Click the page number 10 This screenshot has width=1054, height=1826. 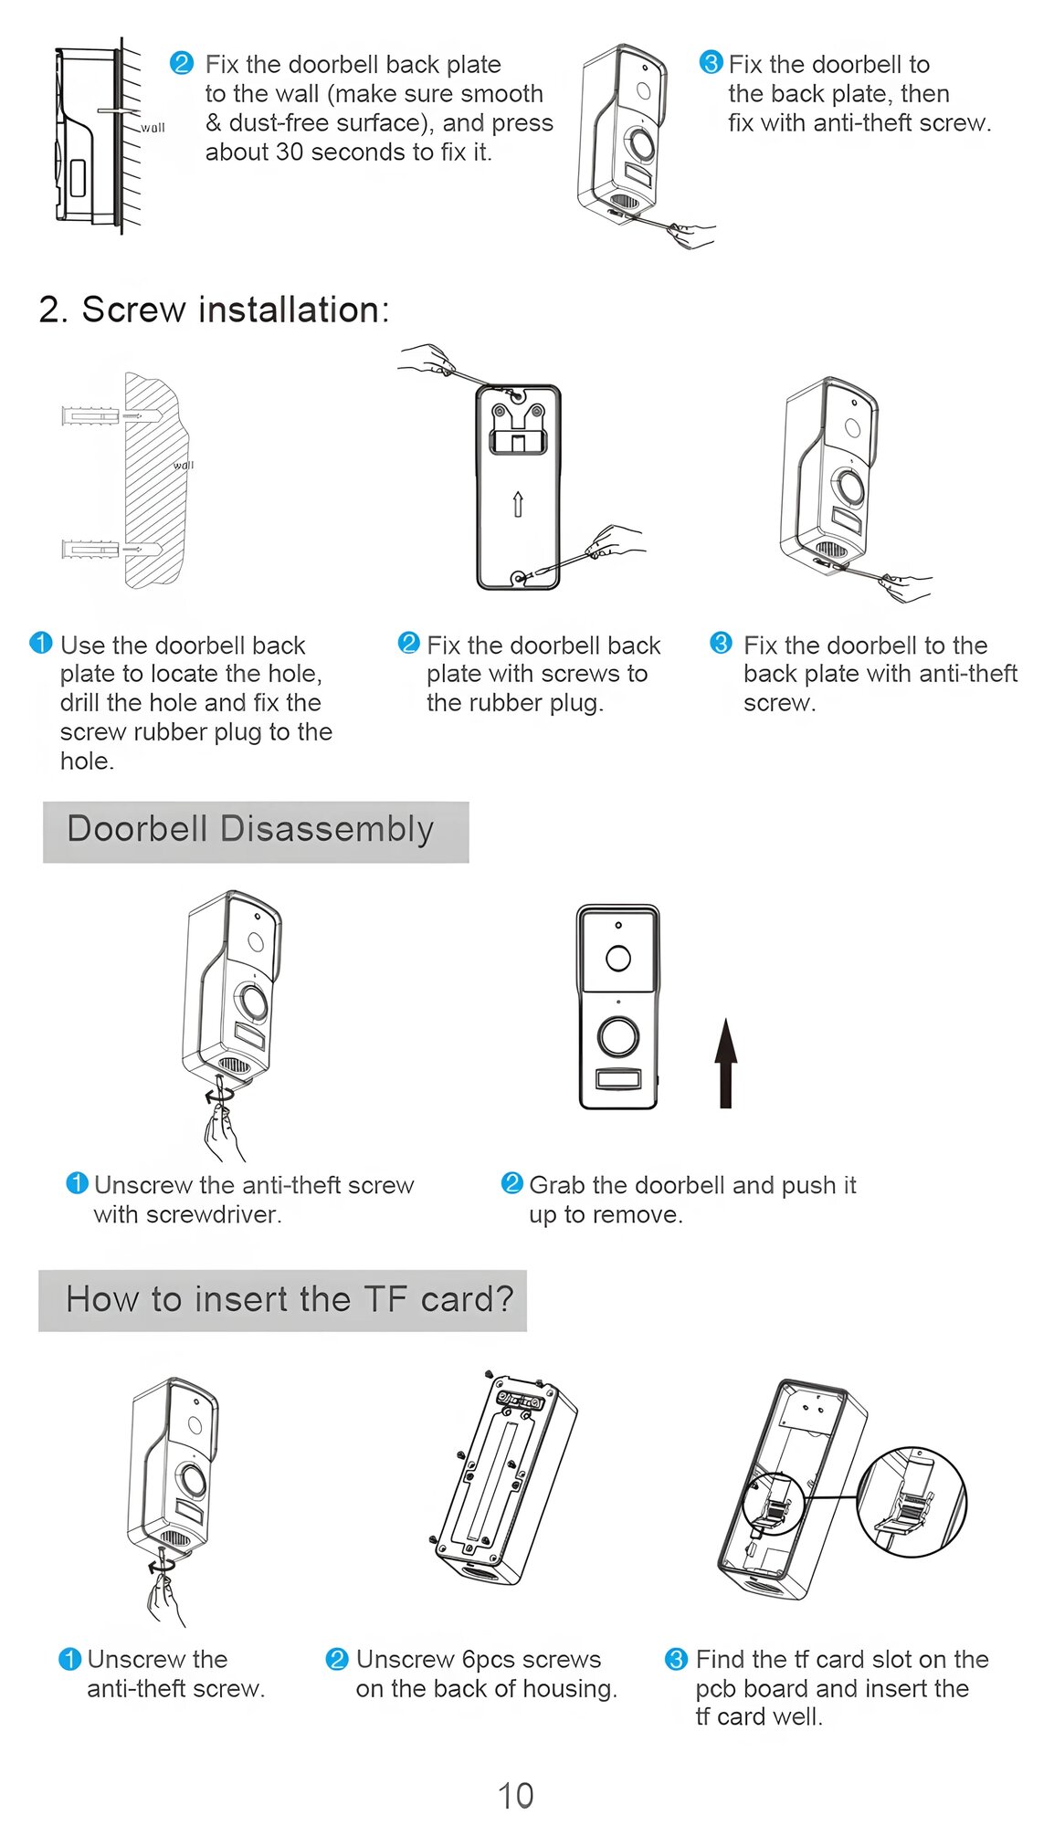(515, 1795)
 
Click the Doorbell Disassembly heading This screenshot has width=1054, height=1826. (250, 829)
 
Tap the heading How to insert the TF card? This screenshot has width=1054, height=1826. (289, 1298)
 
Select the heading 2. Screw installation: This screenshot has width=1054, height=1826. (214, 310)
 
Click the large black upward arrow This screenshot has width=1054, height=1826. (725, 1063)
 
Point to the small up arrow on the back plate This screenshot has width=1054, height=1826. (518, 504)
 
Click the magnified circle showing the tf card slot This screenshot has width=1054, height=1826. (911, 1501)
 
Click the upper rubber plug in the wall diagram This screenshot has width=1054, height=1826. (91, 416)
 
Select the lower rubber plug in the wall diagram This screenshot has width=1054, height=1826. (91, 549)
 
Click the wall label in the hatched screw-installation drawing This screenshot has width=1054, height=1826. (184, 465)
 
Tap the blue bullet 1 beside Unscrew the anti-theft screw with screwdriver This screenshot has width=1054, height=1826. (77, 1183)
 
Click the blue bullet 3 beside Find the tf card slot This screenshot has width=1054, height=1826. (676, 1659)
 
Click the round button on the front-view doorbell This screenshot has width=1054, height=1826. (618, 1036)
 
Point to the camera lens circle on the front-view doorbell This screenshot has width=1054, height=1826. (618, 958)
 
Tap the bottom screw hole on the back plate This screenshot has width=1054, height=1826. (520, 578)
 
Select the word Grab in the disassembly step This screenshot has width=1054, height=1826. (556, 1185)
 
